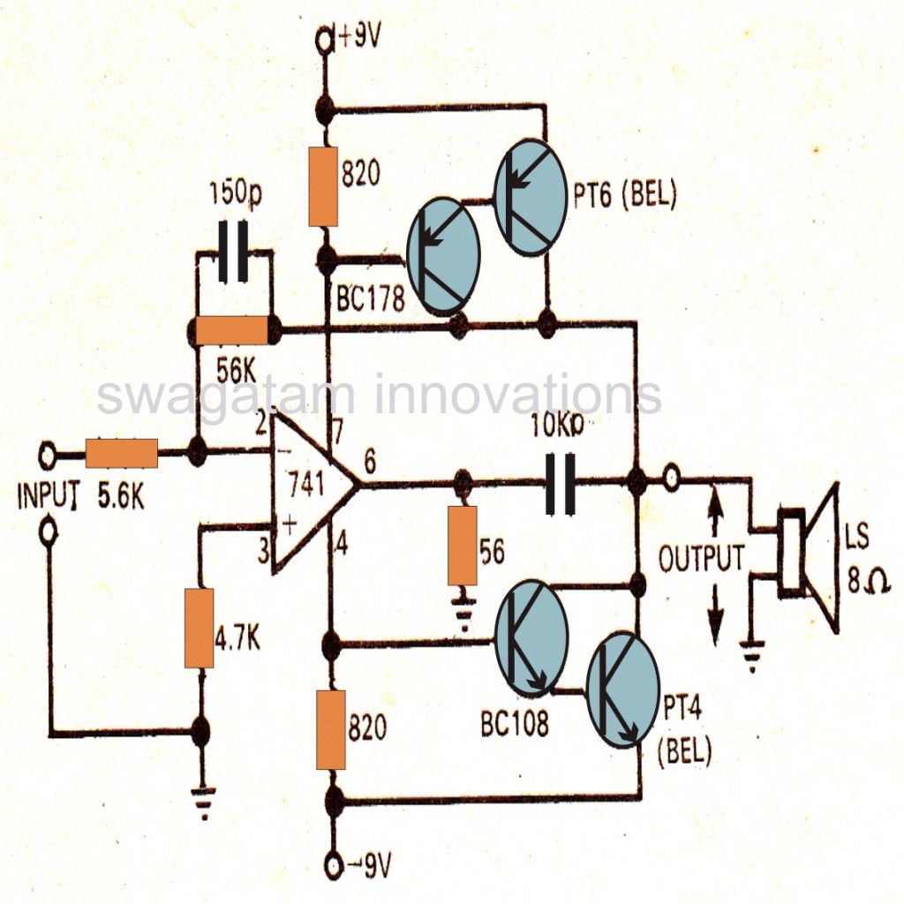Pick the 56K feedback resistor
(231, 331)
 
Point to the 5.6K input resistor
(122, 454)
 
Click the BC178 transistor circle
(441, 256)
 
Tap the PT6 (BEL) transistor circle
(529, 197)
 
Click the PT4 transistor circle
(622, 690)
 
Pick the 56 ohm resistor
(463, 546)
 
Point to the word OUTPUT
(701, 558)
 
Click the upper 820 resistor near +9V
(325, 187)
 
